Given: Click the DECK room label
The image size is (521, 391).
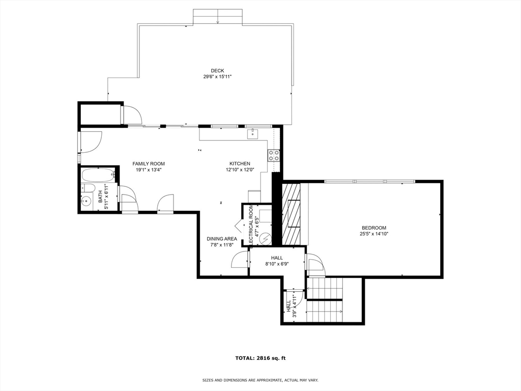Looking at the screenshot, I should (x=217, y=71).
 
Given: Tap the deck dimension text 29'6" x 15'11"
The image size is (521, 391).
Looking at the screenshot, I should (x=217, y=77).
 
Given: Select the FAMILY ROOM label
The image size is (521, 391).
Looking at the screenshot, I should (x=149, y=164).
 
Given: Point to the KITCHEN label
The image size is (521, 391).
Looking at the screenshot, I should (x=239, y=164).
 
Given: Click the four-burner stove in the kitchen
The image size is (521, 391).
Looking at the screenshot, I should (x=274, y=155).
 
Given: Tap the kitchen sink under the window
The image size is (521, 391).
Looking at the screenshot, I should (x=252, y=134).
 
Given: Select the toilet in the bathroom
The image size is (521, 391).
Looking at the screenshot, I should (x=88, y=188).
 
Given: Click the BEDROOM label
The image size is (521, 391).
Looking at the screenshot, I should (x=373, y=228).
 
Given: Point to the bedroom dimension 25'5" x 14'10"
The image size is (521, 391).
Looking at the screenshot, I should (x=373, y=234).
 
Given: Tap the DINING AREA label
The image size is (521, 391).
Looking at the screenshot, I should (x=221, y=239).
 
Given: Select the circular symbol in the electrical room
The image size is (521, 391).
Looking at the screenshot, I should (x=265, y=238).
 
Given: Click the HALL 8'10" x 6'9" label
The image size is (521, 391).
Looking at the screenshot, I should (x=277, y=261).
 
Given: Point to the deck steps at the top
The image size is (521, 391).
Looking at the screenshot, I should (x=217, y=16).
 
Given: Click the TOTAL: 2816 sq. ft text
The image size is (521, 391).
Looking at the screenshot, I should (x=260, y=358).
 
